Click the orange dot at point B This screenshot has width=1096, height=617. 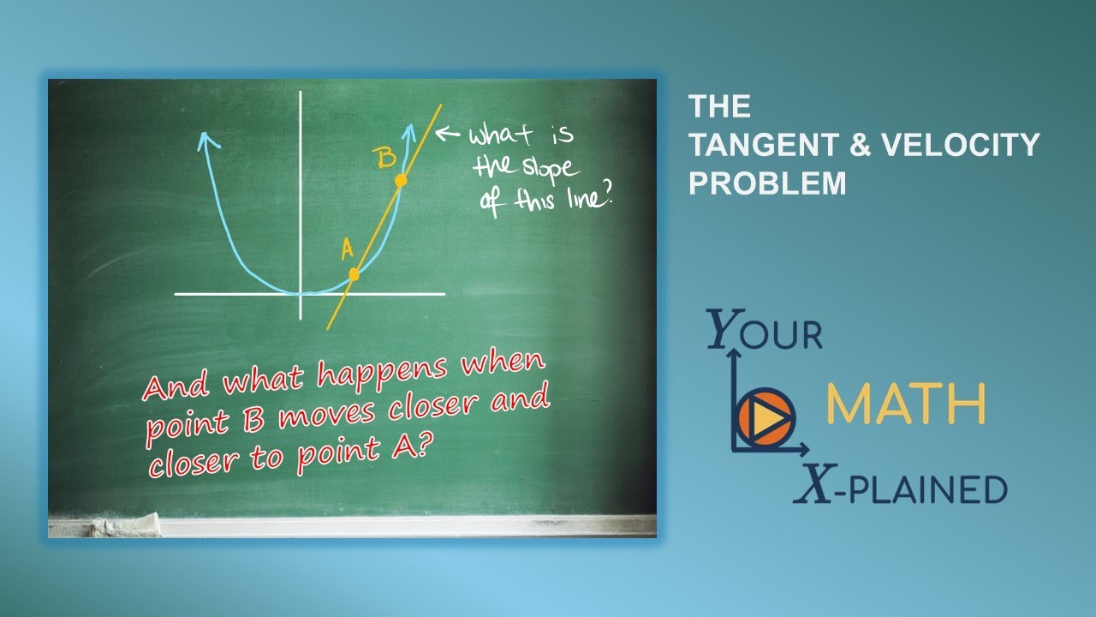pos(400,181)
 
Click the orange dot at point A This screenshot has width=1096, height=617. pos(354,274)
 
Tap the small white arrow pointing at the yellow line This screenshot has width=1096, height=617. pos(449,133)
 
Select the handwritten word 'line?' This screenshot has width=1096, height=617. pos(587,200)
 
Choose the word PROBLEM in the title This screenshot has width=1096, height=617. pos(767,183)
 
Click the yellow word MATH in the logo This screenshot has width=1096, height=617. pos(905,405)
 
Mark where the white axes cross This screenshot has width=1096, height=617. pos(301,294)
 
